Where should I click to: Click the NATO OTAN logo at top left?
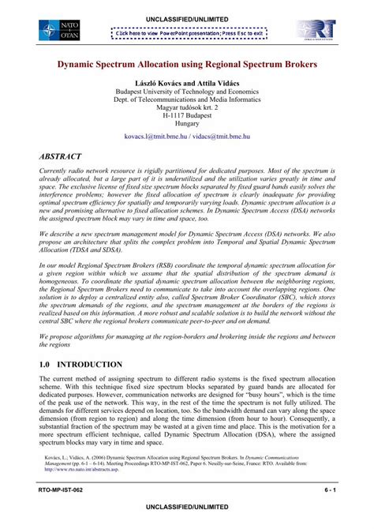coord(57,32)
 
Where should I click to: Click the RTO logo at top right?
coord(316,32)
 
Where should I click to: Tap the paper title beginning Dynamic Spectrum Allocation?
coord(187,60)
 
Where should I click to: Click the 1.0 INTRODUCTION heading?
coord(81,365)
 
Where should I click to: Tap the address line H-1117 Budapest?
coord(187,113)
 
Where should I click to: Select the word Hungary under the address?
coord(187,123)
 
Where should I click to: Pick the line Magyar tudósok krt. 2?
coord(187,103)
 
